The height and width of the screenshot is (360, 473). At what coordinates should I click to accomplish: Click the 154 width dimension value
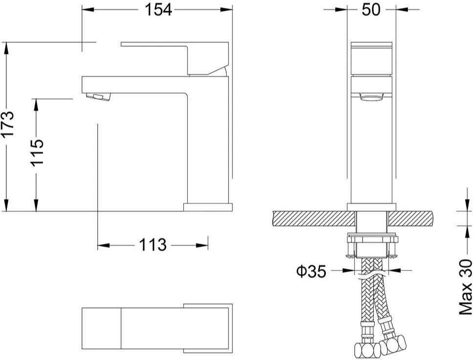[x=158, y=9]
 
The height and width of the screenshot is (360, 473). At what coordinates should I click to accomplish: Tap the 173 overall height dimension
[x=7, y=124]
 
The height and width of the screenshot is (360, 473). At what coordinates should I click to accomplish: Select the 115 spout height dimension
[x=37, y=152]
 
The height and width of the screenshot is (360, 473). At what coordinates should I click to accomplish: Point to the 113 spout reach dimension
[x=152, y=245]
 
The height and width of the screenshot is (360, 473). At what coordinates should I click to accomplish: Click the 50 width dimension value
[x=371, y=9]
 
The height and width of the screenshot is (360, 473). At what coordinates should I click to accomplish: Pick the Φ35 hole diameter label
[x=311, y=271]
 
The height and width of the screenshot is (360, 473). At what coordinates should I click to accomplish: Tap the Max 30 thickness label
[x=466, y=287]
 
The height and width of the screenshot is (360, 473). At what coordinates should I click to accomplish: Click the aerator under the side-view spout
[x=98, y=97]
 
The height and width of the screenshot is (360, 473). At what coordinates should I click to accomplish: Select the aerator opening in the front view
[x=372, y=97]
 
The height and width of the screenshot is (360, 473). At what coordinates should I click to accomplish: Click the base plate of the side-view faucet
[x=208, y=207]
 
